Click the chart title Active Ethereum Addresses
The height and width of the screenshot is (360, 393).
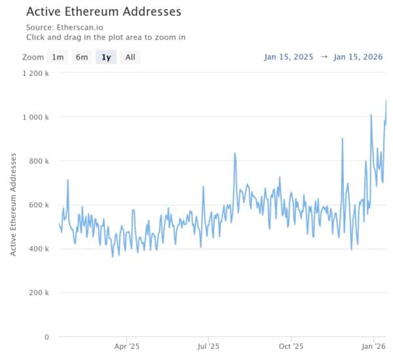(103, 12)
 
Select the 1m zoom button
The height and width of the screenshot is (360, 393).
(58, 57)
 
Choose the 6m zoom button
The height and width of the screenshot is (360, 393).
(82, 57)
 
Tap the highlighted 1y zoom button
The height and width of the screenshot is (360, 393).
(105, 57)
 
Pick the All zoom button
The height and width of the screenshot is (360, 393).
(130, 57)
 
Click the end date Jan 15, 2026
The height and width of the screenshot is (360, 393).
(359, 57)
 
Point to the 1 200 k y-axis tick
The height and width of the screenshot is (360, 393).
(34, 73)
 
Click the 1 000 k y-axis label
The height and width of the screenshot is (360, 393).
(34, 117)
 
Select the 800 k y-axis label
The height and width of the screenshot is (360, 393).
(37, 161)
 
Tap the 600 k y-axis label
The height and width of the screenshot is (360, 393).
(37, 205)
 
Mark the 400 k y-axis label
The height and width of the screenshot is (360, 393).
(37, 249)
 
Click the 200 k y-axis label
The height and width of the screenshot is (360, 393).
(37, 293)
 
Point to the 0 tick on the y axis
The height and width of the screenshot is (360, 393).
(47, 337)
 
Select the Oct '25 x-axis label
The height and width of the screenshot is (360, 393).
(291, 346)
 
